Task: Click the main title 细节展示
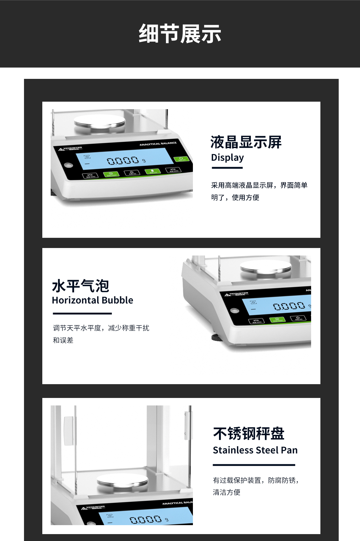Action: point(180,34)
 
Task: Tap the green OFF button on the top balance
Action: point(181,159)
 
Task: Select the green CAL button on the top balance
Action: point(152,172)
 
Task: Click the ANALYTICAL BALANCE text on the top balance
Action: point(158,144)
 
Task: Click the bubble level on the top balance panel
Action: point(68,165)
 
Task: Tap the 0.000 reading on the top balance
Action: point(123,161)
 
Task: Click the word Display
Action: point(227,157)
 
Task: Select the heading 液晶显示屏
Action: point(246,142)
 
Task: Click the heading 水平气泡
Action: point(80,286)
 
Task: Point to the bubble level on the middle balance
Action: point(235,310)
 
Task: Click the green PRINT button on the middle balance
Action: point(277,320)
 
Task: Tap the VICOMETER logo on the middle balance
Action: point(236,294)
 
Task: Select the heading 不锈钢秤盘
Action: point(249,434)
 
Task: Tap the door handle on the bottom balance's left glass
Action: point(68,431)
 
